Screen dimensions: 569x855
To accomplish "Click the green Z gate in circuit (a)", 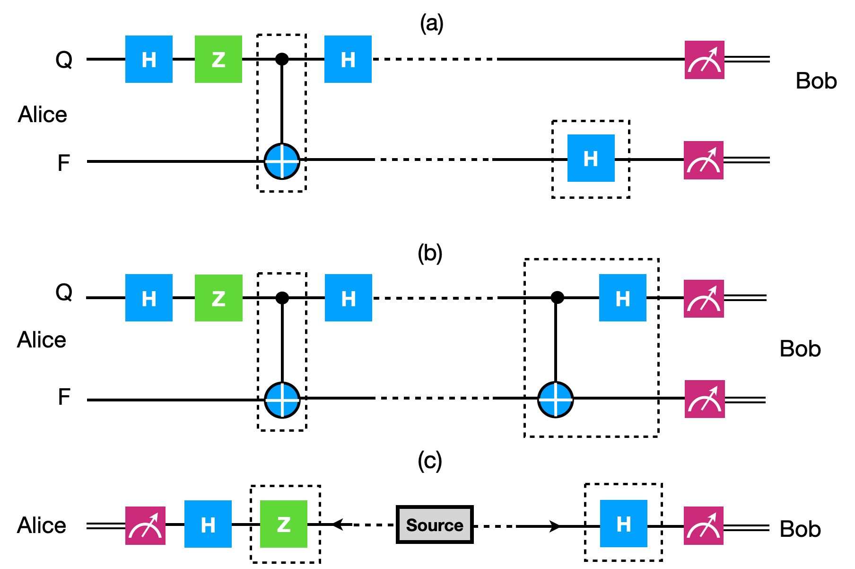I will [218, 59].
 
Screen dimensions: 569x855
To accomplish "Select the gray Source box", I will [435, 525].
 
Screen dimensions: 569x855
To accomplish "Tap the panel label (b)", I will [430, 254].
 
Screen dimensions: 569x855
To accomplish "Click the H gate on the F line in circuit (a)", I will [591, 158].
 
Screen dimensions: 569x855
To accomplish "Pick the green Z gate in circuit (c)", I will [284, 524].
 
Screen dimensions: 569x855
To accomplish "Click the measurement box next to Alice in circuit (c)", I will [145, 525].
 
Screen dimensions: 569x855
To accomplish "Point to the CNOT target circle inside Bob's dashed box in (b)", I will [556, 399].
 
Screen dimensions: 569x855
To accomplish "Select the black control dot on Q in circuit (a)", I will [282, 59].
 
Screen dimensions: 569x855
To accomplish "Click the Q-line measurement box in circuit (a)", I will [704, 60].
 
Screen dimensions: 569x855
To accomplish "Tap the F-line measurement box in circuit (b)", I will [704, 399].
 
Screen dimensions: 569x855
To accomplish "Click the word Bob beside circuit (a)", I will [816, 81].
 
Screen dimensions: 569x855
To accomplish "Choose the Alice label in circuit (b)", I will [42, 340].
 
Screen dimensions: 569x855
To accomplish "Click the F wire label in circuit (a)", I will [63, 163].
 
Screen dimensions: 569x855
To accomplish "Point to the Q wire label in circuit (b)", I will [64, 292].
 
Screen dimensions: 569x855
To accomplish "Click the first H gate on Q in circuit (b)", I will [149, 298].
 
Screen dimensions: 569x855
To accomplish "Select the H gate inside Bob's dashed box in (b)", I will [622, 298].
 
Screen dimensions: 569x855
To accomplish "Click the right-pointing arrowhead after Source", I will [554, 526].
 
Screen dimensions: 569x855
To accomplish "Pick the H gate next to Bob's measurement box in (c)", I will [623, 524].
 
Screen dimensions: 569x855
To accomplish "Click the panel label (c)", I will [430, 461].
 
